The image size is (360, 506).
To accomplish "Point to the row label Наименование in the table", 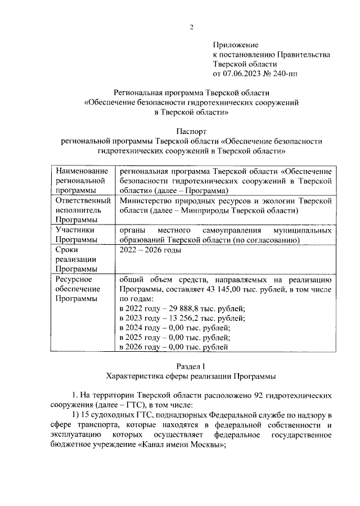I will (78, 171).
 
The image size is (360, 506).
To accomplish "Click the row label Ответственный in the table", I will (78, 200).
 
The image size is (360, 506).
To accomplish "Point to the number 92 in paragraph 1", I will (247, 396).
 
